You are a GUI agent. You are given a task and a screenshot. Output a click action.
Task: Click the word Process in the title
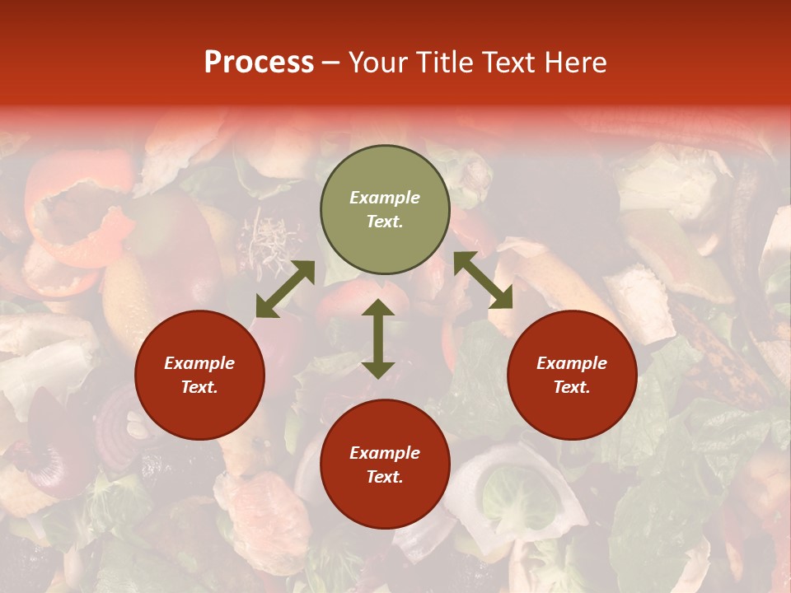(259, 63)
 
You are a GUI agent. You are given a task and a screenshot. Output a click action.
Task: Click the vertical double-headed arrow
(378, 339)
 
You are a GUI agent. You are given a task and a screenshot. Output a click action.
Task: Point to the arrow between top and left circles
(285, 289)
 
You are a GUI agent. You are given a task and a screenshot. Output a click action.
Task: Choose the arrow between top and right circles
(483, 280)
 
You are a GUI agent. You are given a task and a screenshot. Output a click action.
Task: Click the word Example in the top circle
(385, 198)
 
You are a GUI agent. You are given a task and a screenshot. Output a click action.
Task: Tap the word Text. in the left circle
(199, 387)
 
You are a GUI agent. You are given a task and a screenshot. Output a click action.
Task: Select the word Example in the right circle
(572, 363)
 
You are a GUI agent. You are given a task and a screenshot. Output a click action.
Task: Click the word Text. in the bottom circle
(385, 477)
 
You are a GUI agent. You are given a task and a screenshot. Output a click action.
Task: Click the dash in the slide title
(330, 63)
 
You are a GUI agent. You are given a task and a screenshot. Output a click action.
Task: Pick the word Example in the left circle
(199, 363)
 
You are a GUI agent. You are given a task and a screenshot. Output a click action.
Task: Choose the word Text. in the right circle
(572, 387)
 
